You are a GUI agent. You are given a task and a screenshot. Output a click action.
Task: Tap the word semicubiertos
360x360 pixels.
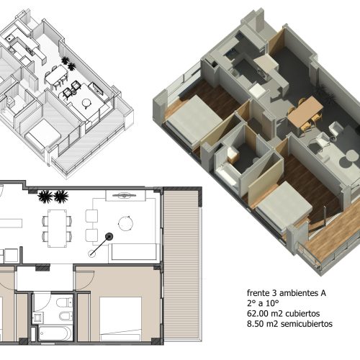307,324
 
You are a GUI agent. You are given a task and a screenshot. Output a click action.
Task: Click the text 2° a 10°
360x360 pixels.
263,303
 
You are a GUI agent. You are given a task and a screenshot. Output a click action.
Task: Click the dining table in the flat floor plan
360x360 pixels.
57,228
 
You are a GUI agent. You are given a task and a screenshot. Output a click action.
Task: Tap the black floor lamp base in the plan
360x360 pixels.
109,237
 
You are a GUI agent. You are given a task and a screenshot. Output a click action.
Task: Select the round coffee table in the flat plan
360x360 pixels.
126,223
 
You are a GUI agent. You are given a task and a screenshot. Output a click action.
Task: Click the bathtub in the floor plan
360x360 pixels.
55,333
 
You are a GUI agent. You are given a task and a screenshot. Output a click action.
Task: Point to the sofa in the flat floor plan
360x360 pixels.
134,252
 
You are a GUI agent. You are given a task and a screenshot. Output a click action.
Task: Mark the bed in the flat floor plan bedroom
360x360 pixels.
120,319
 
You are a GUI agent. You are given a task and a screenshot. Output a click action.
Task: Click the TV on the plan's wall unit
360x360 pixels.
125,195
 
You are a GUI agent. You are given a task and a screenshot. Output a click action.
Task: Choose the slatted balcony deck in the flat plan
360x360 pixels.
181,264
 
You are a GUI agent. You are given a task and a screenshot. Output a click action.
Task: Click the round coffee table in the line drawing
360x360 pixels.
86,103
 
